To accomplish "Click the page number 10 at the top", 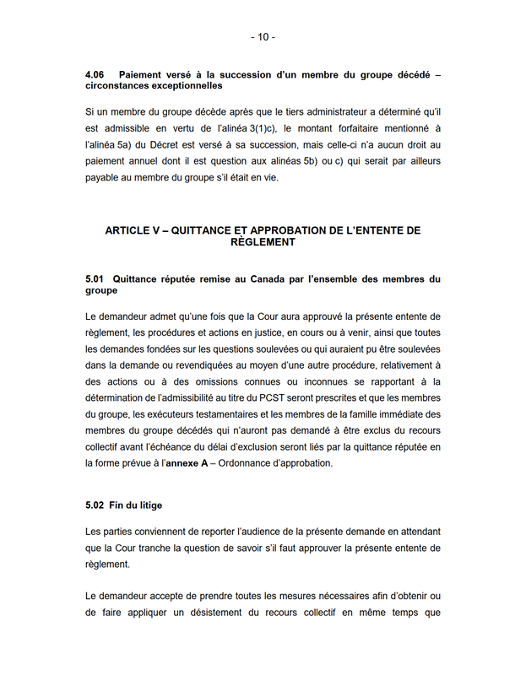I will click(263, 37).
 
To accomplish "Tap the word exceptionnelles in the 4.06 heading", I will click(182, 86).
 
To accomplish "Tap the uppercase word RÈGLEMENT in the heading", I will click(263, 241).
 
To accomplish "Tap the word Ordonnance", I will click(248, 463).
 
